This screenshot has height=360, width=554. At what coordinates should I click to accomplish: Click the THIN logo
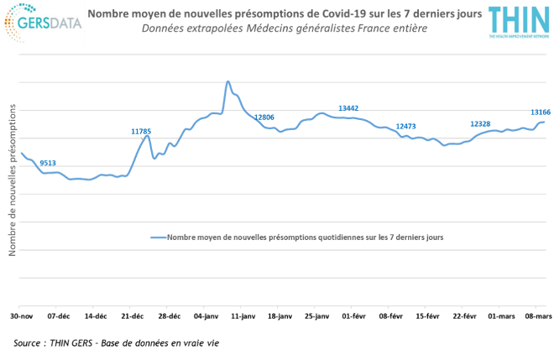pos(518,23)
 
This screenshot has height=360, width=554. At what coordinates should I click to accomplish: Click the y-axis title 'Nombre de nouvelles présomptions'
pos(11,180)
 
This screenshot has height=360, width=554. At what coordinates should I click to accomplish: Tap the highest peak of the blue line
pos(227,81)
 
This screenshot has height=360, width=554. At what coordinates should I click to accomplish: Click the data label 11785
pos(141,131)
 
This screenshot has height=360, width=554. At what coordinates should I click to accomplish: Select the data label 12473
pos(405,126)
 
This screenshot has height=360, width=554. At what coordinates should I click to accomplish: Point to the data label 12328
pos(480,124)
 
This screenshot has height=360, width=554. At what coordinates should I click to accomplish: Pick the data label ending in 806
pos(264,117)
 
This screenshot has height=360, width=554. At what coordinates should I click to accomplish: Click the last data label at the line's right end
pos(541,112)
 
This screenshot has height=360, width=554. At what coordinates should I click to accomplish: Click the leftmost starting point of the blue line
pos(20,152)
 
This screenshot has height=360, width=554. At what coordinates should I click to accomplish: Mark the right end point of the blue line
pos(544,122)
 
